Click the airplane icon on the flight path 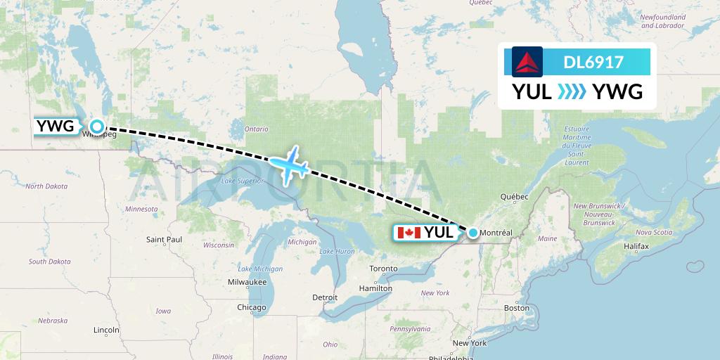288,165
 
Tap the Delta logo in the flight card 527,62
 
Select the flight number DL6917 593,62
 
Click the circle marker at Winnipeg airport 97,127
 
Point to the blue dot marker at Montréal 473,233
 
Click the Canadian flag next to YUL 409,233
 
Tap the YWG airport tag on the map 55,127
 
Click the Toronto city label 383,269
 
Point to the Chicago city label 251,307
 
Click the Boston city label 516,308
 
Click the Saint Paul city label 164,240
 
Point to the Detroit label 325,297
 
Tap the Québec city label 515,198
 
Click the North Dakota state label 46,186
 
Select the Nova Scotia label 653,232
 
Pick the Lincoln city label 105,329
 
